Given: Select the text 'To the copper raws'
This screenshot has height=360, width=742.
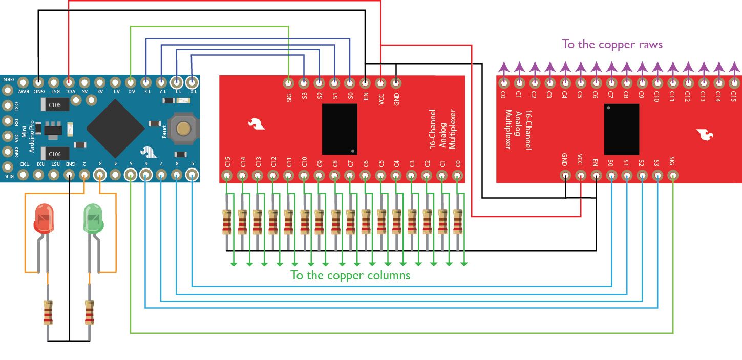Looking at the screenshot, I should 612,45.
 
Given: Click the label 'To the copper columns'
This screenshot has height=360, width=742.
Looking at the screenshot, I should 350,276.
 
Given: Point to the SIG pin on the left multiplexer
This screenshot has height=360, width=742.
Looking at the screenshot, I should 289,82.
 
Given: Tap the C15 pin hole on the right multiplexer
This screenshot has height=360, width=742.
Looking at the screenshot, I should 734,82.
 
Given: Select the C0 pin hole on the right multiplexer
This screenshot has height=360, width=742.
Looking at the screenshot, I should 504,82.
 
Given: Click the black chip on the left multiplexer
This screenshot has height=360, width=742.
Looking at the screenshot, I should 340,129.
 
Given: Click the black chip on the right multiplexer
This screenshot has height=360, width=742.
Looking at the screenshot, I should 621,129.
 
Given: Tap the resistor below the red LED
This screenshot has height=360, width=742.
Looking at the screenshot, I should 48,313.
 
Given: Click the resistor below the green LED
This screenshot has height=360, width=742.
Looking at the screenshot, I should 90,313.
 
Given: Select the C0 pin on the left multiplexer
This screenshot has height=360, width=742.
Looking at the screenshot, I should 458,176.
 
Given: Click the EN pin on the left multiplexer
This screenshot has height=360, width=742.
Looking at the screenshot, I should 365,82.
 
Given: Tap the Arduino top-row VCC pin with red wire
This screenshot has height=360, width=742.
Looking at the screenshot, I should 69,82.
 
